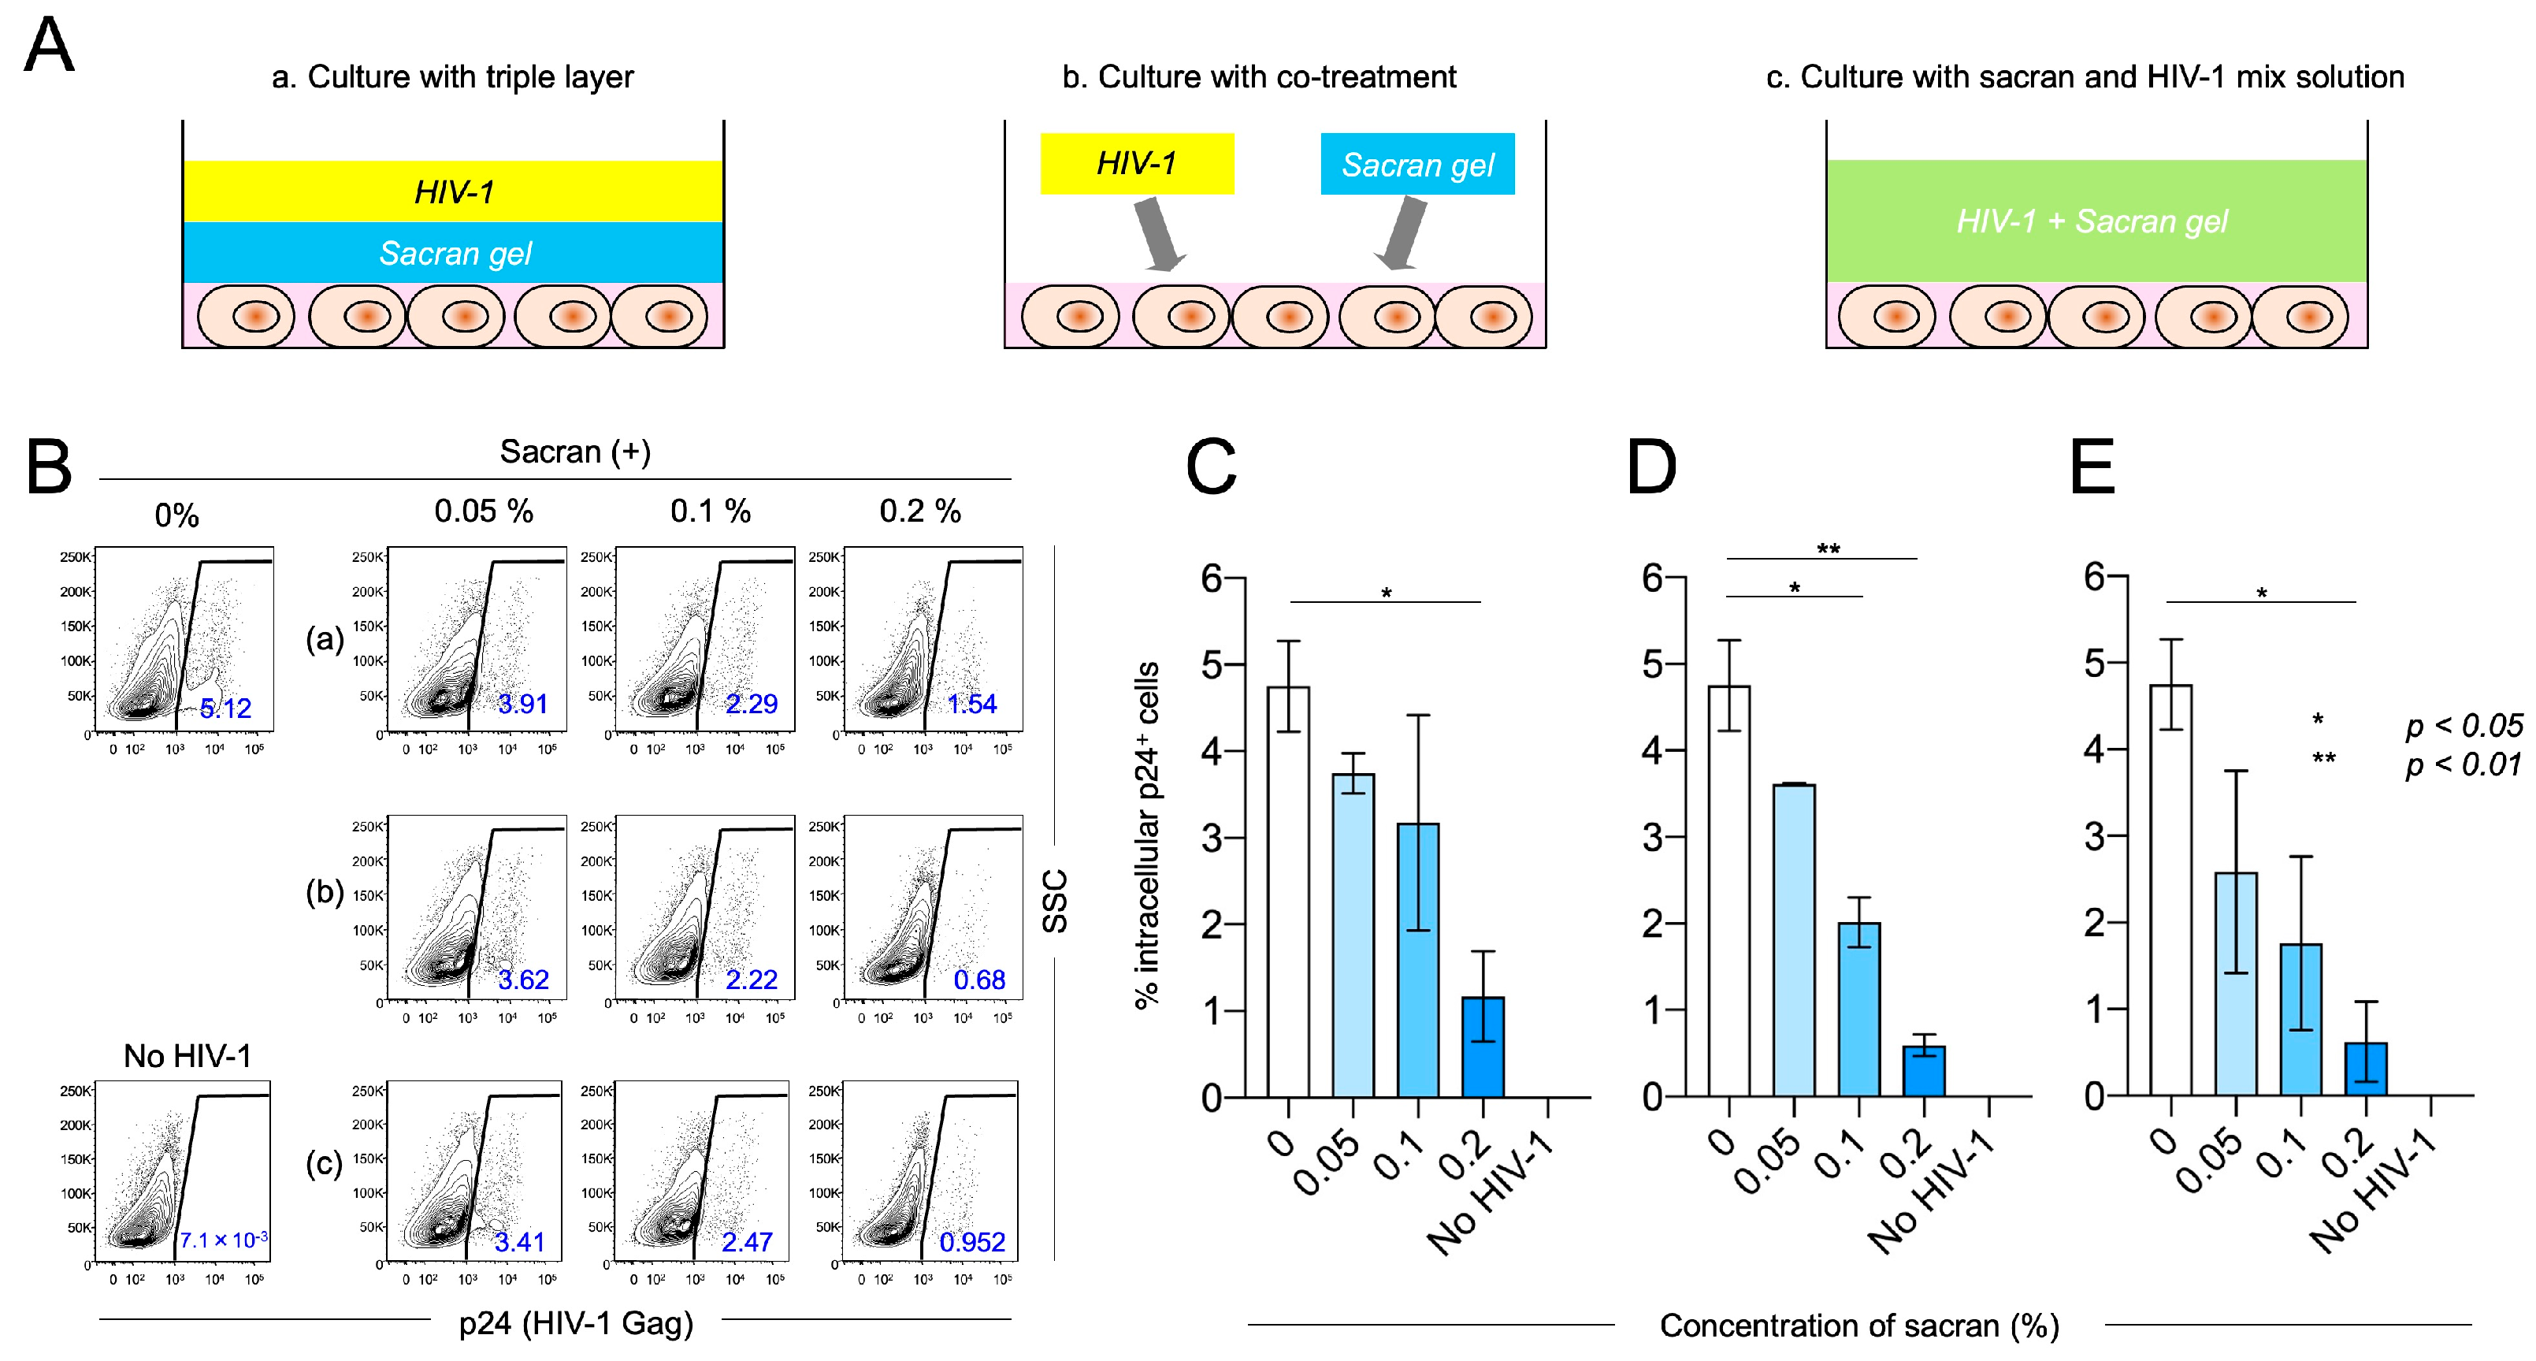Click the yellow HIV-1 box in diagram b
tap(1136, 163)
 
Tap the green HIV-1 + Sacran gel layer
tap(2096, 221)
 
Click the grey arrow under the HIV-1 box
tap(1159, 233)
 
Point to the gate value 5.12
tap(225, 708)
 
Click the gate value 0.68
tap(978, 980)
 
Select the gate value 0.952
tap(971, 1242)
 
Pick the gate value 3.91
tap(522, 704)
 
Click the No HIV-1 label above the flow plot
tap(187, 1056)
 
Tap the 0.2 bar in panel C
tap(1483, 1047)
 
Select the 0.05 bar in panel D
tap(1794, 940)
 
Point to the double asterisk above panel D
tap(1829, 549)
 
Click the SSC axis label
tap(1054, 901)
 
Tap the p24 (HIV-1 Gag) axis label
tap(576, 1322)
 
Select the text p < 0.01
tap(2464, 764)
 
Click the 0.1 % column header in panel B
tap(710, 511)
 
